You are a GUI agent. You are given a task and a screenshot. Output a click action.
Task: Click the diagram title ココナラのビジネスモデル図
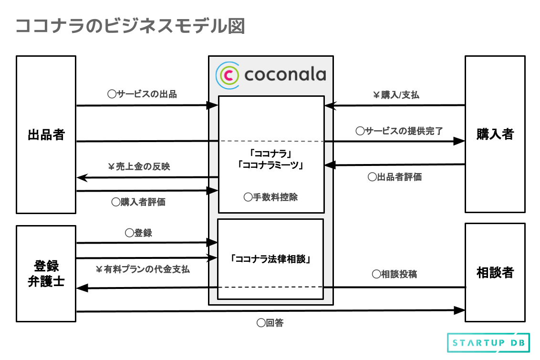coord(130,26)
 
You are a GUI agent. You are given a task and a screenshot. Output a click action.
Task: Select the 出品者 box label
coord(46,135)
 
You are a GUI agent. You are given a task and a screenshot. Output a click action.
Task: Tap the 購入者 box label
coord(495,134)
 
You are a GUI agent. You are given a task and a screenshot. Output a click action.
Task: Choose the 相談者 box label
coord(495,273)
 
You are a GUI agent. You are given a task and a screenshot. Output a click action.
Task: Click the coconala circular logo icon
coord(228,74)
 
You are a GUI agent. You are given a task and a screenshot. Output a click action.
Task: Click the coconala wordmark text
coord(285,74)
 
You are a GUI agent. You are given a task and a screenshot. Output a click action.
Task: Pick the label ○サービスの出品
coord(142,94)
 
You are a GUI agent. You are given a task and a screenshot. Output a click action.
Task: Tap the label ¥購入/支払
coord(396,95)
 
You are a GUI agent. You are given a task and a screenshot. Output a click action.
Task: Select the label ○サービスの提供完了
coord(399,131)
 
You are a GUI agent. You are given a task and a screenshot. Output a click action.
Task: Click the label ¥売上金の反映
coord(139,167)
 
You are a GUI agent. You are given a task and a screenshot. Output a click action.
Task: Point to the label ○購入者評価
coord(138,202)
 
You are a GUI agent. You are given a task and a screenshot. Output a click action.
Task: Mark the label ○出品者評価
coord(395,177)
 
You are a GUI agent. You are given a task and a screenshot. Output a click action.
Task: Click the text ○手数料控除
coord(270,197)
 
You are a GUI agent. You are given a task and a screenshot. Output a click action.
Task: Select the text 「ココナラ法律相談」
coord(270,259)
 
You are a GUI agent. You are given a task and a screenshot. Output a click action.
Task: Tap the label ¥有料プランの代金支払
coord(143,269)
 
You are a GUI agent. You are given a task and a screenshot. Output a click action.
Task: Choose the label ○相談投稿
coord(395,274)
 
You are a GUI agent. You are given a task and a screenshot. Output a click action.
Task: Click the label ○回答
coord(270,323)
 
